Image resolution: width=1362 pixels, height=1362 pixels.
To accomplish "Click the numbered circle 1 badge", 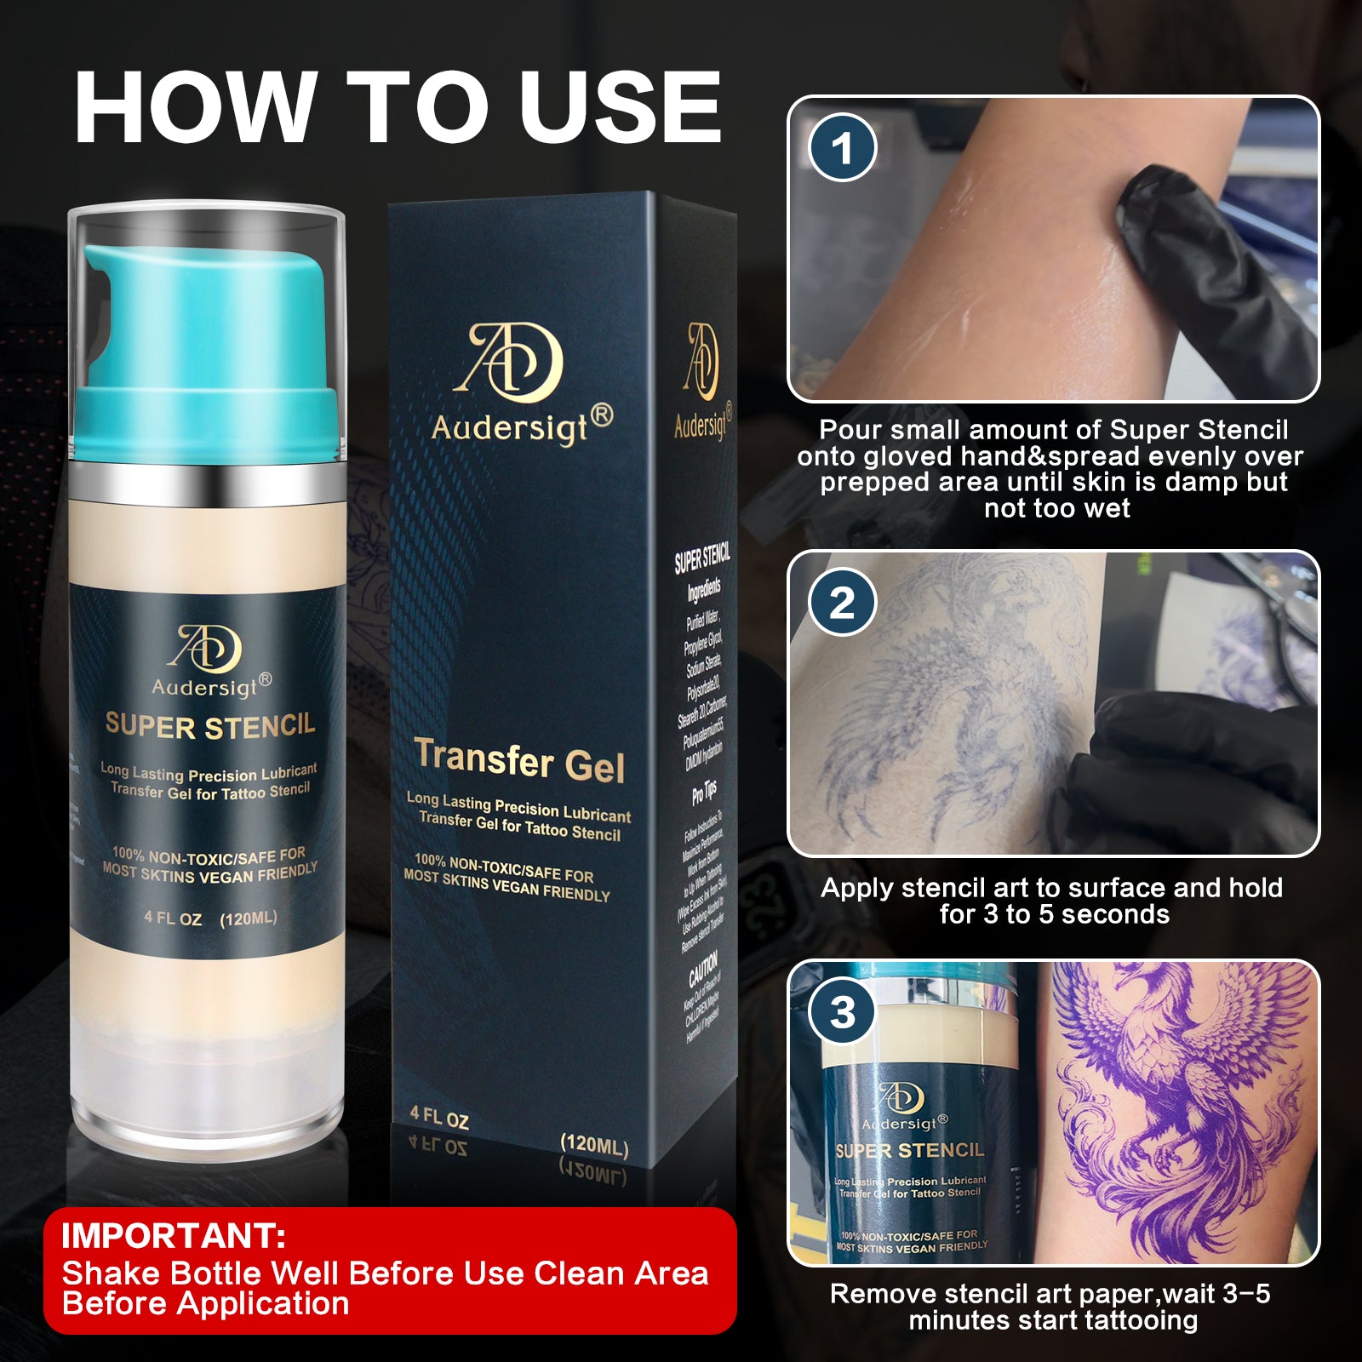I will (842, 147).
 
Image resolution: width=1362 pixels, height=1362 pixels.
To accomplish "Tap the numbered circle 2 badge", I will (842, 603).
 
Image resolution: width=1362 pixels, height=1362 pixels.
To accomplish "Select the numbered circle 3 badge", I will (842, 1011).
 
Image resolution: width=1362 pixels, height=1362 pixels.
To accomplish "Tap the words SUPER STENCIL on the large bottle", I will (209, 726).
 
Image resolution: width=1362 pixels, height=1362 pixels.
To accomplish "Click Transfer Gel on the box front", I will (519, 760).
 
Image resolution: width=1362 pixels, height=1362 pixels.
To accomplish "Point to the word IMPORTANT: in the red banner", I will (173, 1235).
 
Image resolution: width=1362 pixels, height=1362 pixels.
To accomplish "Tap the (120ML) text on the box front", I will (594, 1145).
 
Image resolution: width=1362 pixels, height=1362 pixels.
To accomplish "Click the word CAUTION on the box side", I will (703, 969).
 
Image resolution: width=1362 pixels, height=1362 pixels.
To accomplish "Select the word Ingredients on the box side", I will (704, 590).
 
